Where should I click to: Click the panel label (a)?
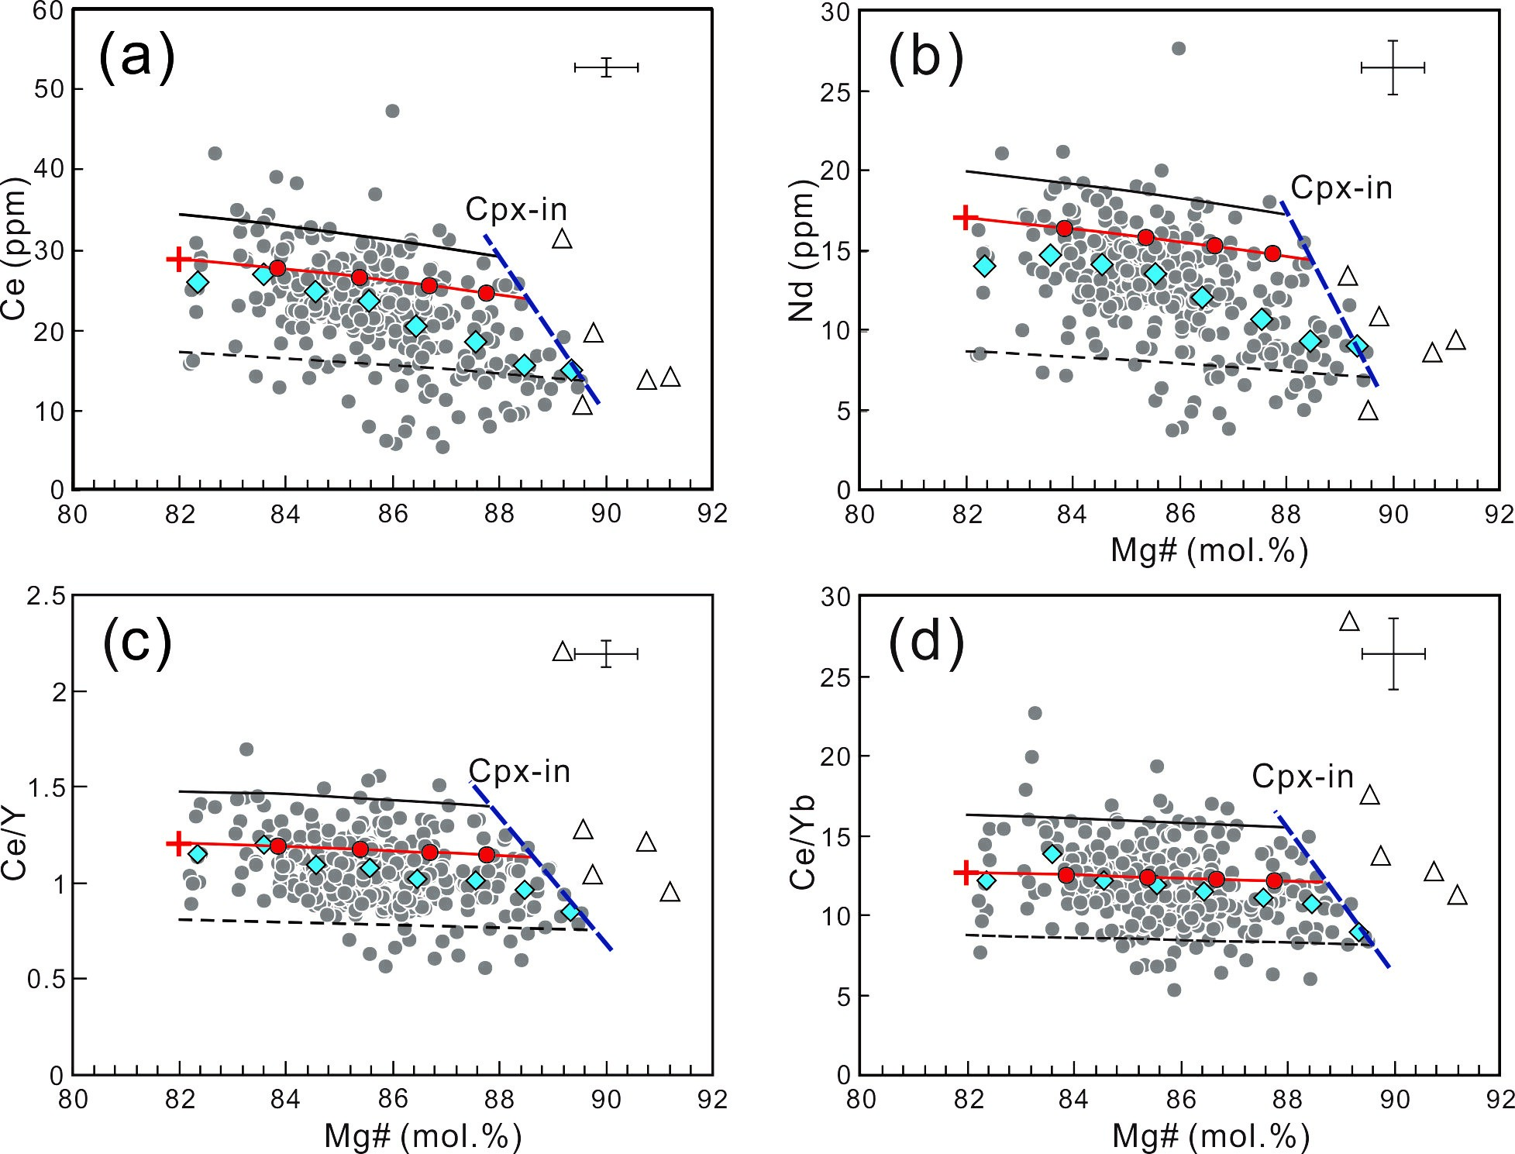click(136, 58)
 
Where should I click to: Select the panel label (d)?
click(926, 645)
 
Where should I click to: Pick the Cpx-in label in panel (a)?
click(516, 209)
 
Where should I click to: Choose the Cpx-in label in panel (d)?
click(1303, 777)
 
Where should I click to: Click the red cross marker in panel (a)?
click(179, 259)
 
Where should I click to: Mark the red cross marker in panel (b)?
click(966, 218)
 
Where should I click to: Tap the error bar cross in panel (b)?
click(1393, 68)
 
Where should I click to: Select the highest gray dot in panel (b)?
click(1179, 49)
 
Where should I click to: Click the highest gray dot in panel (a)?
click(392, 111)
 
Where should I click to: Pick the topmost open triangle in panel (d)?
click(1349, 622)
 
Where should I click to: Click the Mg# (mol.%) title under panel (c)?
click(422, 1136)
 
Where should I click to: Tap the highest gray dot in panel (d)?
click(1035, 713)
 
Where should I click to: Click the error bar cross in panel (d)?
click(1393, 654)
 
